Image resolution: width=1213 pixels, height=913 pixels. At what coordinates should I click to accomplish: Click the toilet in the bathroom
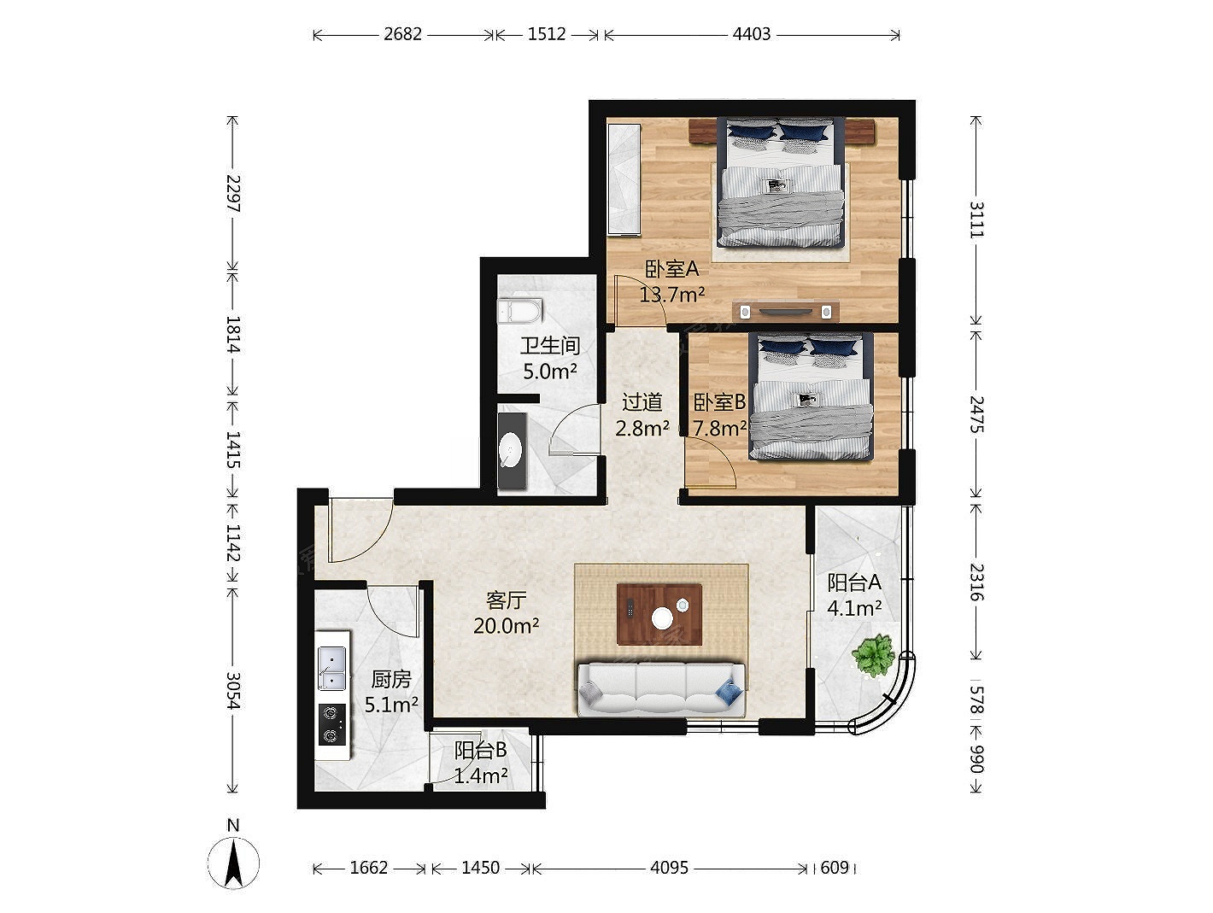(520, 311)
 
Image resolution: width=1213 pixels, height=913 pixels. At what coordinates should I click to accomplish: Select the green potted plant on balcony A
(872, 655)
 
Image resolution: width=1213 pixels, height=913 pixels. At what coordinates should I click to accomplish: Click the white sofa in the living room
(661, 689)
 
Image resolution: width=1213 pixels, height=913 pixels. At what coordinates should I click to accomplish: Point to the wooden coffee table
(659, 614)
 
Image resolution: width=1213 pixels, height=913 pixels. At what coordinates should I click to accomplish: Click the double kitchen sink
(331, 669)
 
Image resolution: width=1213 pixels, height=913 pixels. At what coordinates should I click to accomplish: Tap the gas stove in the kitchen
(332, 724)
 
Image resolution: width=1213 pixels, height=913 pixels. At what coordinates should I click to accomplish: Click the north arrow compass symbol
(233, 863)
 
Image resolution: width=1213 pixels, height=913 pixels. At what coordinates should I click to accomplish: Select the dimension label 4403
(751, 34)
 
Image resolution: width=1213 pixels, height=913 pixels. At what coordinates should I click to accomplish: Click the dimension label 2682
(402, 34)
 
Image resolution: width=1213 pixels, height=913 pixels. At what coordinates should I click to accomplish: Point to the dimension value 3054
(233, 690)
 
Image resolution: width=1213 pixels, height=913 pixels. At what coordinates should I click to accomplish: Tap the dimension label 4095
(669, 868)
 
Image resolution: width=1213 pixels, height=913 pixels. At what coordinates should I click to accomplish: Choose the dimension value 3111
(976, 219)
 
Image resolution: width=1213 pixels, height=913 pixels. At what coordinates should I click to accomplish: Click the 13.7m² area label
(672, 295)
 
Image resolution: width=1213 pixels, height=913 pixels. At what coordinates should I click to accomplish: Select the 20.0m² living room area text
(507, 625)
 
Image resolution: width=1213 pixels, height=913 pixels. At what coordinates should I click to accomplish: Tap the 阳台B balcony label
(480, 750)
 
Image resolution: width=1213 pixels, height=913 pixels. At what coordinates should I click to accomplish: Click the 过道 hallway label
(642, 401)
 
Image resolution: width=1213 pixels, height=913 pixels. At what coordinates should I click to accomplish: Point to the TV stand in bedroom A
(785, 311)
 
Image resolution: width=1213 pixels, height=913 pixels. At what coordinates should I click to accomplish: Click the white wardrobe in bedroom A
(624, 179)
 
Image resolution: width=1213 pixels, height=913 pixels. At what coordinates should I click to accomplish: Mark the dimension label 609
(834, 868)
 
